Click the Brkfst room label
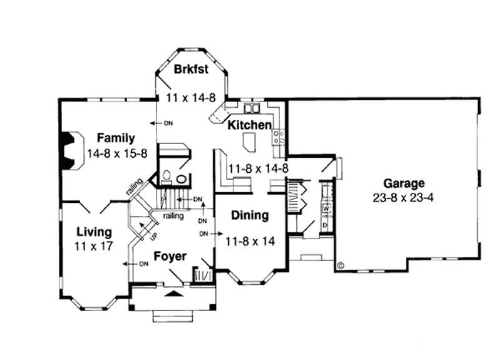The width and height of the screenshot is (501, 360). (x=192, y=69)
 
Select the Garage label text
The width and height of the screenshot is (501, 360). (x=404, y=183)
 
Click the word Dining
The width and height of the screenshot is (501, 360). (x=250, y=215)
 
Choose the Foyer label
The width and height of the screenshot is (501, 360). (x=169, y=257)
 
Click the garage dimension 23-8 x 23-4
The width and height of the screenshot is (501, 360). (x=404, y=196)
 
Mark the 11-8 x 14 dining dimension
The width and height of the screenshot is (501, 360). (x=250, y=240)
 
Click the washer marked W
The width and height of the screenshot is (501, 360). (x=325, y=208)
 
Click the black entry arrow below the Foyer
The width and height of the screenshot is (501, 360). (x=174, y=292)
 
